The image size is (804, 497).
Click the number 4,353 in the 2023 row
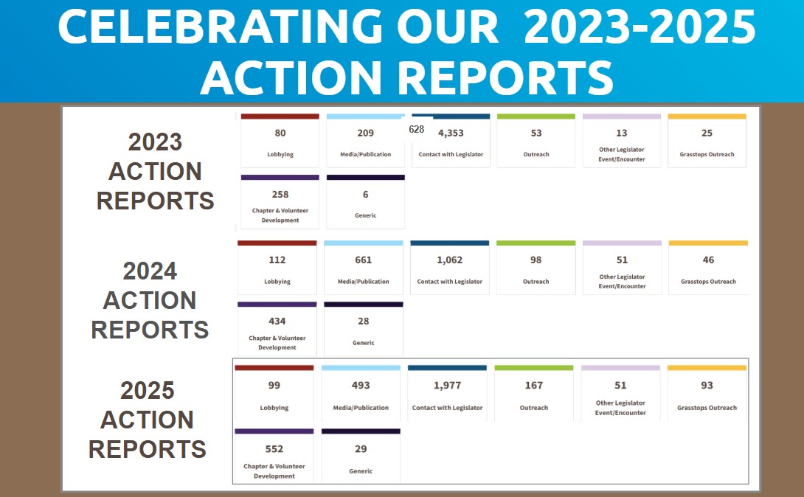(x=451, y=133)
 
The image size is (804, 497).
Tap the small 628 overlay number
(x=416, y=129)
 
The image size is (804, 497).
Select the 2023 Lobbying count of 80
(x=280, y=133)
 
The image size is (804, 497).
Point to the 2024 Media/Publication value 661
(x=363, y=260)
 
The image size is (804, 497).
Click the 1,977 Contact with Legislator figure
(x=447, y=386)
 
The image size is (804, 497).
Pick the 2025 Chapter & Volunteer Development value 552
(x=274, y=449)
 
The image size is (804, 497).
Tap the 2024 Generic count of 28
(x=363, y=322)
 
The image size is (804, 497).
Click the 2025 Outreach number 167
(x=533, y=386)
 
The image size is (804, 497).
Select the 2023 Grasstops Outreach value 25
(x=707, y=133)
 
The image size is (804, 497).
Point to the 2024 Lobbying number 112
(x=277, y=260)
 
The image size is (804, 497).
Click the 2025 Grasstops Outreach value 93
(x=707, y=386)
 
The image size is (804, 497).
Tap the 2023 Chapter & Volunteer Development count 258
(x=280, y=195)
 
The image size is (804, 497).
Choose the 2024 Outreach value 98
(x=536, y=260)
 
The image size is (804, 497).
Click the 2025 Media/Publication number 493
(x=361, y=386)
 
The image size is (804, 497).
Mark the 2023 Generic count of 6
(x=365, y=195)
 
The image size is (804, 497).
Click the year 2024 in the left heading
(x=150, y=271)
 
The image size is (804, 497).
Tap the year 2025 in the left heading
(x=147, y=390)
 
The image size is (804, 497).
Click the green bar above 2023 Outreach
(x=536, y=117)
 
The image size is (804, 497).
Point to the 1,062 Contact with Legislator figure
(x=449, y=260)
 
